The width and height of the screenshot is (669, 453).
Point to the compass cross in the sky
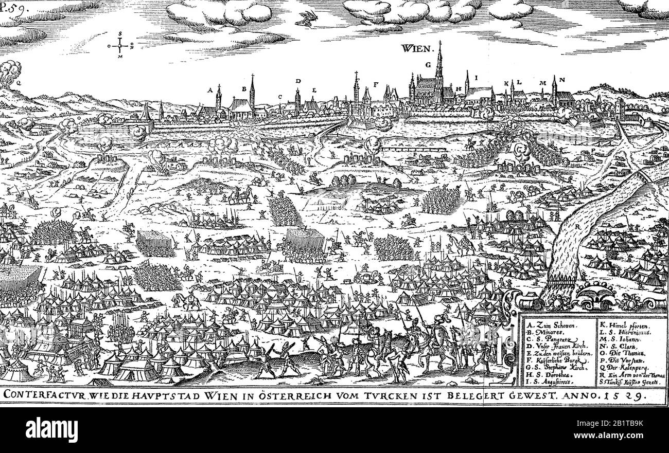(x=120, y=45)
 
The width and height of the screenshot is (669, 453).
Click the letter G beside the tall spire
(x=428, y=65)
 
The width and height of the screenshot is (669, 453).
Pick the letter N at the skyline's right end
(x=562, y=80)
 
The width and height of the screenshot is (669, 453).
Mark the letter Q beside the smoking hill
(x=19, y=82)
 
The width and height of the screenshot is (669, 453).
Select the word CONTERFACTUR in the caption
(x=44, y=395)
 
